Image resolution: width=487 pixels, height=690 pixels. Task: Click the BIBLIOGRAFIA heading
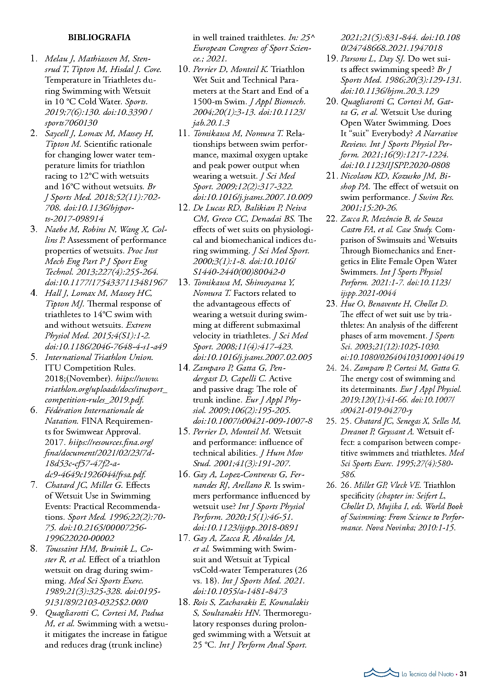[99, 37]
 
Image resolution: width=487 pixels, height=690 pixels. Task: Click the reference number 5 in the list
[34, 357]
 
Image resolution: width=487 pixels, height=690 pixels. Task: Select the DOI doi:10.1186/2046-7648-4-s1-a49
[106, 347]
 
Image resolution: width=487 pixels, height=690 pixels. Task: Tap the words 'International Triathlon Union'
[99, 357]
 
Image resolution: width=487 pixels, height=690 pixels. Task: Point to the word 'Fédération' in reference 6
[63, 410]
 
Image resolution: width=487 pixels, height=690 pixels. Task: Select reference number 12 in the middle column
[184, 208]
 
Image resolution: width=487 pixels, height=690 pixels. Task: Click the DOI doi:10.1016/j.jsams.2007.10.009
[253, 197]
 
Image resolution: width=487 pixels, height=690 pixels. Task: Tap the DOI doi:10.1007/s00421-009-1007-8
[253, 421]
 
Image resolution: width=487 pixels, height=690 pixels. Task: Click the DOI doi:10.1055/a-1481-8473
[240, 591]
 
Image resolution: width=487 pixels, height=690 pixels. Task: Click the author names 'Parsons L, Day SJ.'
[373, 59]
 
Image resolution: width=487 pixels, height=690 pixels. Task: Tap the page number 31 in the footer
[463, 674]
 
